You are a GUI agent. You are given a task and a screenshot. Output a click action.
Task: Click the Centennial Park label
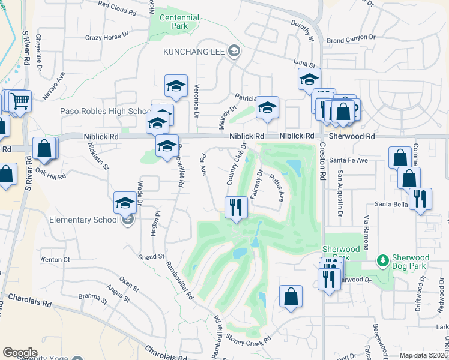tap(179, 22)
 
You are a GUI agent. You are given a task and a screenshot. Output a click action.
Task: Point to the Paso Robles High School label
tap(104, 112)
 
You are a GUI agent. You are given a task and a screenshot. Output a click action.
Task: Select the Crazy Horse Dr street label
tap(111, 37)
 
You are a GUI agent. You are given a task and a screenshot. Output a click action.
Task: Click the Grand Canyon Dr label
tap(351, 40)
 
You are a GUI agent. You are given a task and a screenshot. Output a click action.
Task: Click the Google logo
tap(20, 353)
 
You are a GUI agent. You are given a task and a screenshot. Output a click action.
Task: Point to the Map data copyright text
tap(424, 355)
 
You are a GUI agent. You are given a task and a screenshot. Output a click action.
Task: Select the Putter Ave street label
tap(276, 186)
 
